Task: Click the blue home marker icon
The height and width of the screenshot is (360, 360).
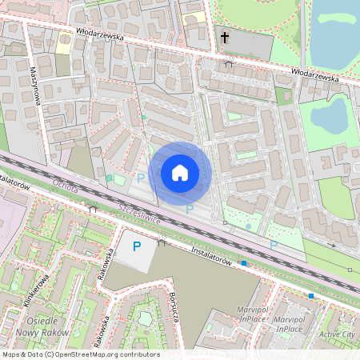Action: tap(180, 172)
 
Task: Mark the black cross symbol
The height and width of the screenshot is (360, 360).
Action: tap(225, 38)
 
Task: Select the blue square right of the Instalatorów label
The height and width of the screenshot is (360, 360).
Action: tap(244, 262)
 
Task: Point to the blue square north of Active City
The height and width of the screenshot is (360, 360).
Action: tap(311, 296)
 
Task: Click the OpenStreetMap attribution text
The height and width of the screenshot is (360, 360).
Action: tap(80, 354)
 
